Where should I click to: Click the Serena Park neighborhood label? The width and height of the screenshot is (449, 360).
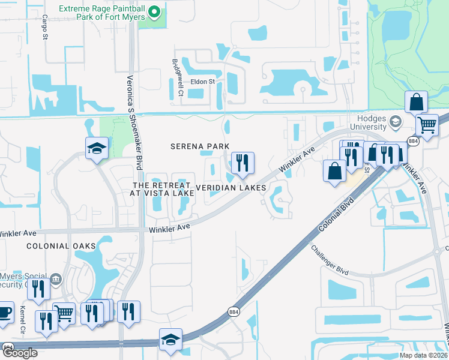point(200,146)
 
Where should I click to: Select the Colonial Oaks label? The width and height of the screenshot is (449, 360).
point(52,246)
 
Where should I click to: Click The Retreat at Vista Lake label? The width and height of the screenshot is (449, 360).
point(162,188)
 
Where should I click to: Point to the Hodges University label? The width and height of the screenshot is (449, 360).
point(366,122)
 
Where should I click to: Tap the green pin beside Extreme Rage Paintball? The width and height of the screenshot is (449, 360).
point(155,12)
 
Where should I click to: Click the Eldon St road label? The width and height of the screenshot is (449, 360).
point(202,82)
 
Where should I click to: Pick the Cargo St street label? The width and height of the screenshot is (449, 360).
point(44,28)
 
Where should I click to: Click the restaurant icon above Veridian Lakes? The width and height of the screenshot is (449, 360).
point(243,163)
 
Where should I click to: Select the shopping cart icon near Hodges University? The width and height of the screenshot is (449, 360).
point(427,125)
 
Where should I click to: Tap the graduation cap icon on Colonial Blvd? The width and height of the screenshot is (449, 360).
point(170,338)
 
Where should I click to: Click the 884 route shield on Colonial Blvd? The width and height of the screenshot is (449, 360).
point(233,312)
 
